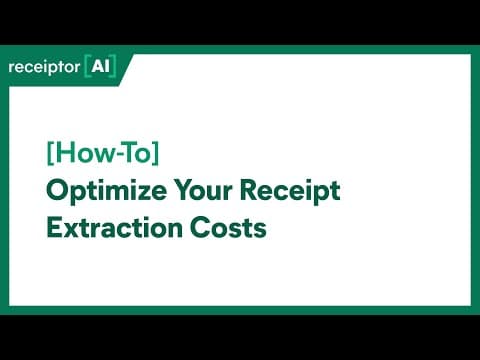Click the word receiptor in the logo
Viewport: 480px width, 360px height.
[44, 67]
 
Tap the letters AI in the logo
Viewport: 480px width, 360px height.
[101, 66]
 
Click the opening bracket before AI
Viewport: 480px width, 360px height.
[87, 66]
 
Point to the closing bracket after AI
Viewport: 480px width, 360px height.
[113, 66]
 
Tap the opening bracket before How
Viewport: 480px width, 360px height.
[50, 153]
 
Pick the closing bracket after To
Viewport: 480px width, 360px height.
[156, 153]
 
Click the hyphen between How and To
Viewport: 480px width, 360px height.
[115, 155]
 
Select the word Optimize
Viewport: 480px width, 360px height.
[106, 191]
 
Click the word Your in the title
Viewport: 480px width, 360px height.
[203, 190]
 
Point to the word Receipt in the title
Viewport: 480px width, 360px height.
[290, 191]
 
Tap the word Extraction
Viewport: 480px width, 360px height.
[115, 227]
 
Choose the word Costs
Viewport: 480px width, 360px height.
[228, 227]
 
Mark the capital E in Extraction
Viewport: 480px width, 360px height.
[54, 227]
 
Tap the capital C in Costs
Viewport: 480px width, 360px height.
[200, 227]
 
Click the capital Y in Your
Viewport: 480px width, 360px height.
[185, 190]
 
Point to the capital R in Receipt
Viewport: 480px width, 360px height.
[249, 190]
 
